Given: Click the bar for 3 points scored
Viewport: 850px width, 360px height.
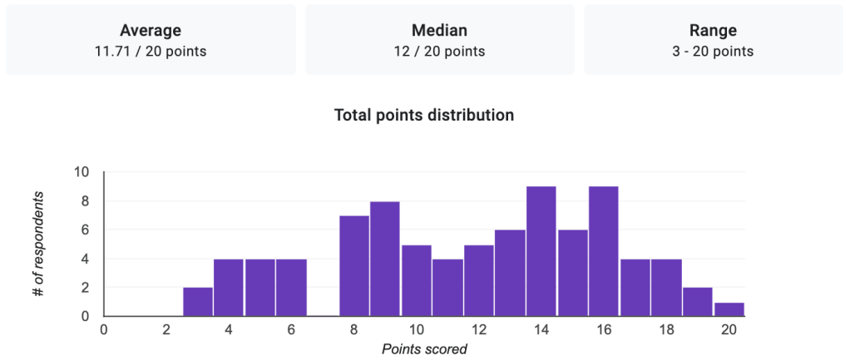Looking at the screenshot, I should tap(198, 302).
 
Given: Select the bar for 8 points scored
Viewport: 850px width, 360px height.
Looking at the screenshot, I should tap(354, 266).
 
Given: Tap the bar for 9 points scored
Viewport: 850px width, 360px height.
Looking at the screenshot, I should tap(385, 259).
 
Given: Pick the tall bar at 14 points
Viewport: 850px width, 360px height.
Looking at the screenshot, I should tap(541, 251).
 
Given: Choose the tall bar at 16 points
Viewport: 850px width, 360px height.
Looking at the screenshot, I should tap(604, 251).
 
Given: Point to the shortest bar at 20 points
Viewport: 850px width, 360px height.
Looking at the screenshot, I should tap(729, 309).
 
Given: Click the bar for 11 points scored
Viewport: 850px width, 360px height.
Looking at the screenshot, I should tap(447, 288).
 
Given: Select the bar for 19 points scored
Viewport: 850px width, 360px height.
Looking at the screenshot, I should tap(698, 302).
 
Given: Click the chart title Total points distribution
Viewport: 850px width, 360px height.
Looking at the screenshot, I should tap(424, 116).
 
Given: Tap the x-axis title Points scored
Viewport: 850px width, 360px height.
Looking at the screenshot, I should tap(424, 349).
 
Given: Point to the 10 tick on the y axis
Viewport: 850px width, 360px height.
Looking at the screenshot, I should tap(82, 172).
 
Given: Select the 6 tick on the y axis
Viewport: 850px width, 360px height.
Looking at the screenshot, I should tap(86, 229).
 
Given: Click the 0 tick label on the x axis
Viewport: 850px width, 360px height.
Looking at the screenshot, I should tap(104, 329).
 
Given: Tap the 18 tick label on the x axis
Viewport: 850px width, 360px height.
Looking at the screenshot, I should tap(666, 329).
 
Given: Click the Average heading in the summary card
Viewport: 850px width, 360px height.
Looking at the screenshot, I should tap(151, 31).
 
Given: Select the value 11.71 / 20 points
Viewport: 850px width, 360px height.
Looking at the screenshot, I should tap(151, 52).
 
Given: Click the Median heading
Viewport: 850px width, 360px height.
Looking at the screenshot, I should tap(439, 31).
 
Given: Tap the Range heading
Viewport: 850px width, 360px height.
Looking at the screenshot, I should tap(713, 31).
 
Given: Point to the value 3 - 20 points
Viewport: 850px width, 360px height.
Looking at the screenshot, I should tap(713, 52).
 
